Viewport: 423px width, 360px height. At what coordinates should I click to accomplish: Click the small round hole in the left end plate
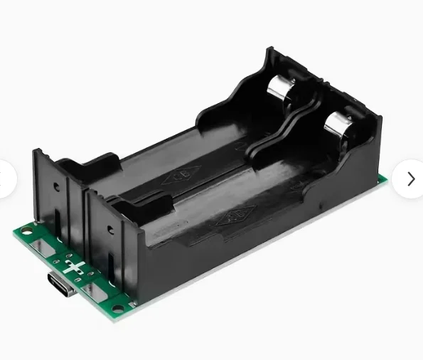pyautogui.click(x=56, y=189)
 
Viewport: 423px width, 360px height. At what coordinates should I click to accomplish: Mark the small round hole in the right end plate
pyautogui.click(x=109, y=229)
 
